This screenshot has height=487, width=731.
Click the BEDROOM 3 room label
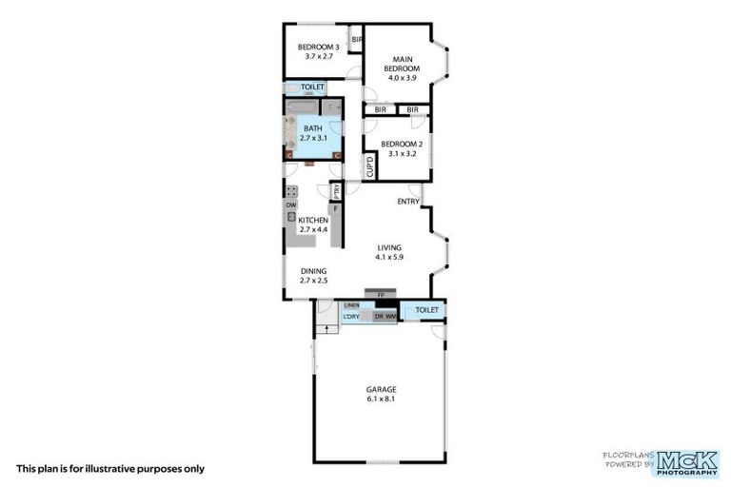[319, 47]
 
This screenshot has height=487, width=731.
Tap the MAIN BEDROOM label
[401, 64]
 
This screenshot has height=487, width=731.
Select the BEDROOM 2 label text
[401, 144]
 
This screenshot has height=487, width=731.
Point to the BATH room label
[312, 128]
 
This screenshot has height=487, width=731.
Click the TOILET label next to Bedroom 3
[312, 88]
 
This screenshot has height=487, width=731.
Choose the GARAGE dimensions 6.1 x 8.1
[381, 400]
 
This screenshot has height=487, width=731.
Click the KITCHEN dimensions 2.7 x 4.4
[313, 229]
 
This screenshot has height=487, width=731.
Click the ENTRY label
[408, 201]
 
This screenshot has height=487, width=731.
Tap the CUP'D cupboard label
[370, 166]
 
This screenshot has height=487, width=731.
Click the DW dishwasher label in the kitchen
[291, 205]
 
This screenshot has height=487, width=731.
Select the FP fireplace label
[380, 295]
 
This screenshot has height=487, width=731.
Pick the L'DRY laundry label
[351, 316]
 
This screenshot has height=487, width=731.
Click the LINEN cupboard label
[351, 304]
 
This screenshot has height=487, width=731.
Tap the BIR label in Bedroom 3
[358, 40]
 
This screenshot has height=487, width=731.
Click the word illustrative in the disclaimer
[102, 469]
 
